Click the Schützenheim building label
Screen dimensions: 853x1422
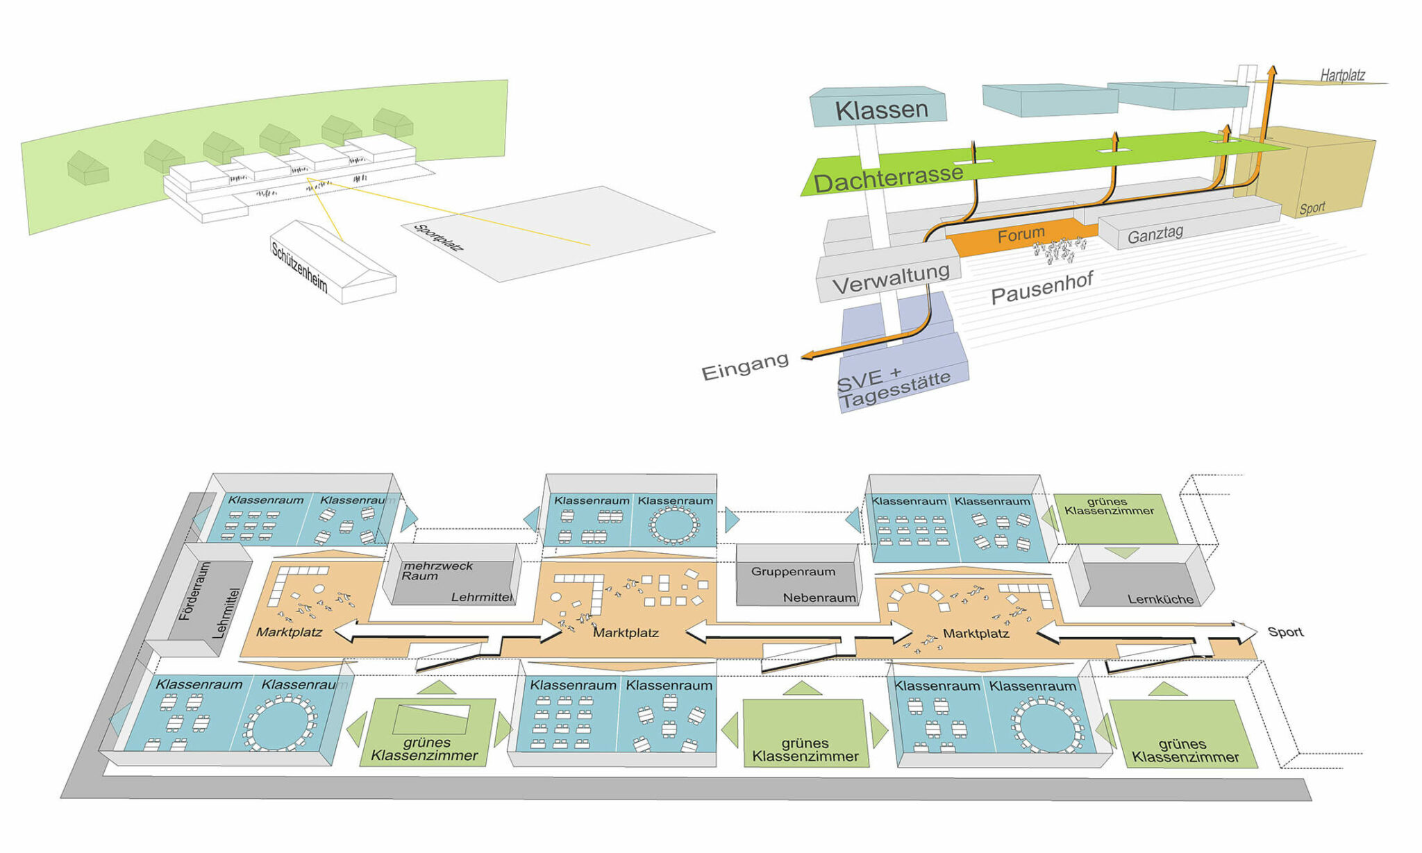click(x=299, y=267)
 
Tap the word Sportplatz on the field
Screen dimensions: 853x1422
click(x=438, y=237)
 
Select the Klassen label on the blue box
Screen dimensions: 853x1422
click(x=881, y=110)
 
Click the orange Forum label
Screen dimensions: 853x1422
click(x=1021, y=235)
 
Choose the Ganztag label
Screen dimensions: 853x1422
click(x=1155, y=235)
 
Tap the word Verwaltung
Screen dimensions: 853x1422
click(x=891, y=279)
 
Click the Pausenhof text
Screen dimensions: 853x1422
click(x=1042, y=287)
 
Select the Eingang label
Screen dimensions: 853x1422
click(x=745, y=367)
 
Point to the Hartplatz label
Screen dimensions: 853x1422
click(x=1342, y=75)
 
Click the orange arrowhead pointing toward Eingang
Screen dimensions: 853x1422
click(x=807, y=357)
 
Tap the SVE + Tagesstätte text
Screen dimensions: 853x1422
click(x=892, y=388)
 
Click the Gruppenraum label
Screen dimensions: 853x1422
click(x=793, y=571)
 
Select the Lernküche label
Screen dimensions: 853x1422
click(x=1160, y=599)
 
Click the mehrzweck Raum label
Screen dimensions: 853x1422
click(x=437, y=571)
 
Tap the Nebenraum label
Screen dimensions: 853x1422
click(x=819, y=598)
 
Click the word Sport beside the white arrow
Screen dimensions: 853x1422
click(x=1285, y=632)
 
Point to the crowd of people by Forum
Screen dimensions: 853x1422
click(x=1060, y=251)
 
